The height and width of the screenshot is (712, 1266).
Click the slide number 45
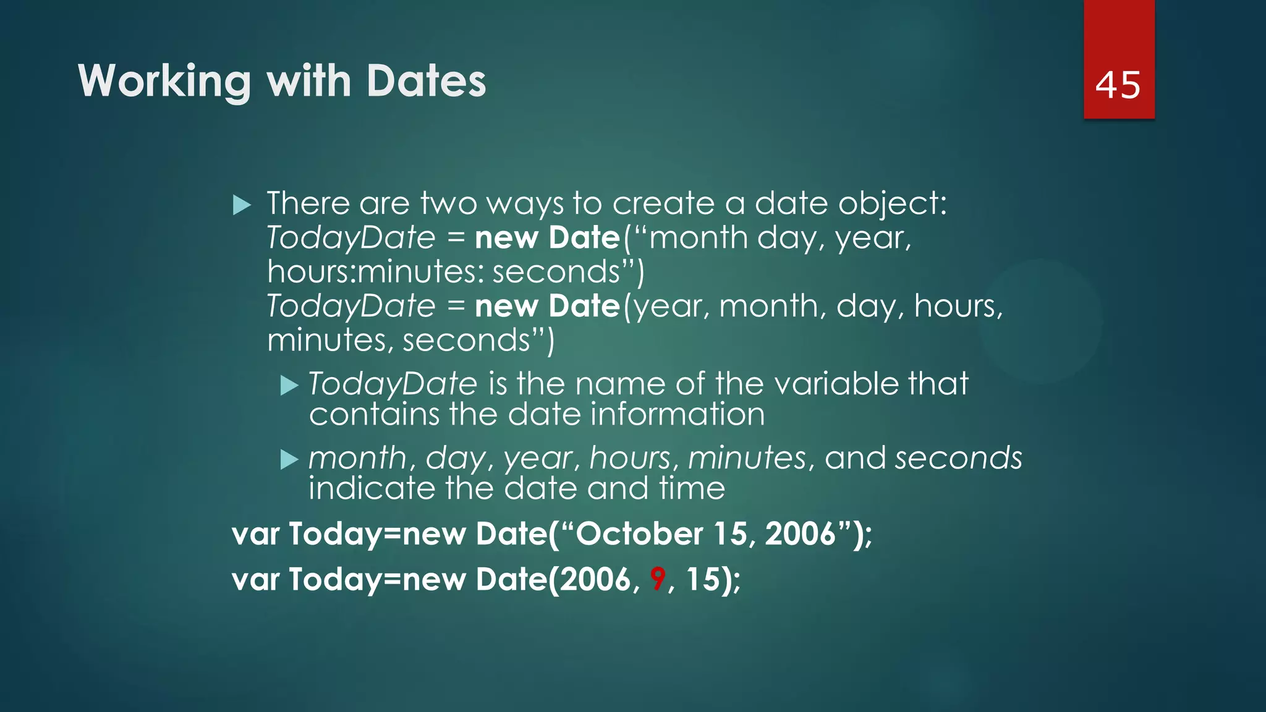(x=1118, y=85)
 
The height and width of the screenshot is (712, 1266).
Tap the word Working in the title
(x=164, y=82)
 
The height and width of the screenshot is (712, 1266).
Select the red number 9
(x=658, y=579)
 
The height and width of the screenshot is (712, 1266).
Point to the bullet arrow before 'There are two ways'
(x=242, y=205)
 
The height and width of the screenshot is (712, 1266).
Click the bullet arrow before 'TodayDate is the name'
(x=289, y=386)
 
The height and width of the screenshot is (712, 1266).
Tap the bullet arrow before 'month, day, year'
(x=289, y=459)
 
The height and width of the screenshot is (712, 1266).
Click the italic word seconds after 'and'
(x=958, y=458)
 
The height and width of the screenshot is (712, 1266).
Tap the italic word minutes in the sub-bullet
(x=747, y=458)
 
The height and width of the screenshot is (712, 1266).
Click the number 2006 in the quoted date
(x=800, y=533)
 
